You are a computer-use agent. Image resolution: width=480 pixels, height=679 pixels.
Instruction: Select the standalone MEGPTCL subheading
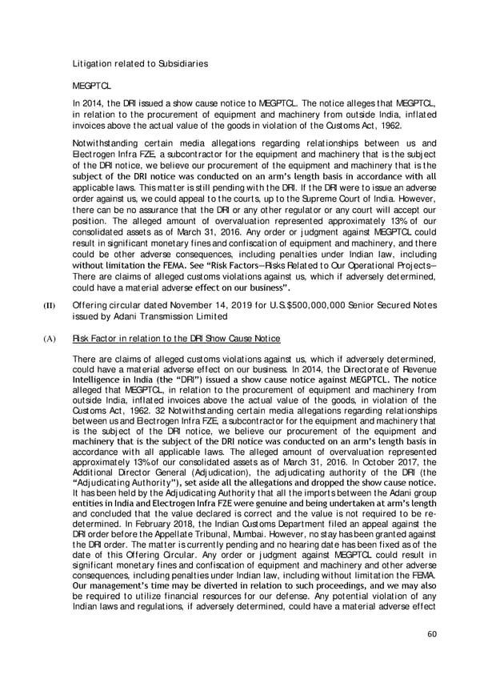[x=90, y=84]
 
